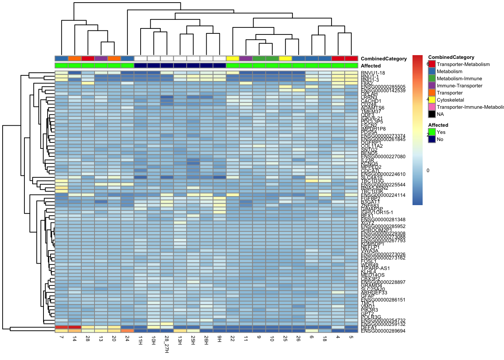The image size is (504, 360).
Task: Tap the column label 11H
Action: click(x=140, y=340)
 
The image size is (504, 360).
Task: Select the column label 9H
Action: click(x=219, y=339)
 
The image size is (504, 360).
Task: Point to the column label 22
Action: click(x=232, y=339)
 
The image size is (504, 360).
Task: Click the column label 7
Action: click(x=61, y=337)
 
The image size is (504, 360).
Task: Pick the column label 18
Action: click(x=325, y=339)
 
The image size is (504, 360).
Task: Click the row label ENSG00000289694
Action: click(x=383, y=331)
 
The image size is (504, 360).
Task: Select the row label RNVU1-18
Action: click(x=373, y=73)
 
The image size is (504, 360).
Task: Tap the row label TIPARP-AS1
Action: click(x=375, y=268)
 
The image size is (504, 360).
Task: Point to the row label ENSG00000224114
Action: click(x=383, y=195)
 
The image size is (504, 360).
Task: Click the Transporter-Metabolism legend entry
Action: click(x=463, y=64)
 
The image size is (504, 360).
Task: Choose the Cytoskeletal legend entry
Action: click(x=450, y=100)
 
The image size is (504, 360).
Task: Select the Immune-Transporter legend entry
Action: click(x=459, y=86)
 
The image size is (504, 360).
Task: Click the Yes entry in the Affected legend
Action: click(x=441, y=132)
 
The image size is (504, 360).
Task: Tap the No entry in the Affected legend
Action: click(x=440, y=139)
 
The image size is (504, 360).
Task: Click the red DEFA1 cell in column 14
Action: click(x=75, y=327)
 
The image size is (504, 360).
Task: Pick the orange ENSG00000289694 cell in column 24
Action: click(x=127, y=331)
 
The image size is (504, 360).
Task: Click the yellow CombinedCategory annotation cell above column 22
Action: click(x=232, y=58)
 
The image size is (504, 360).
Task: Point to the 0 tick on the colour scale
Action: click(x=428, y=170)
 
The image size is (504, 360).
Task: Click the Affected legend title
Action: click(x=438, y=125)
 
